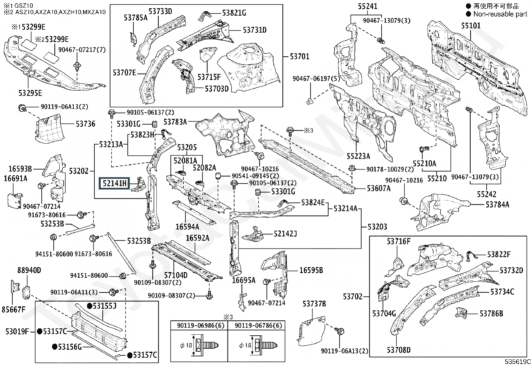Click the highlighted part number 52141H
click(x=114, y=183)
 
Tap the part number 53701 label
click(x=300, y=57)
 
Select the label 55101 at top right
click(x=471, y=26)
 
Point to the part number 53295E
click(x=30, y=93)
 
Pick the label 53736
click(x=85, y=124)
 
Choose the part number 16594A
click(x=187, y=227)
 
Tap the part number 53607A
click(x=379, y=188)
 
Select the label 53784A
click(x=497, y=204)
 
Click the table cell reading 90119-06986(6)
click(x=199, y=325)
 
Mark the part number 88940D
click(x=29, y=270)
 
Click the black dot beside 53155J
click(x=89, y=306)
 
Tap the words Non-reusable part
click(x=499, y=14)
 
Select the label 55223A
click(x=358, y=156)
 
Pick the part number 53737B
click(x=315, y=304)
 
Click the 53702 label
click(x=353, y=296)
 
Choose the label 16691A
click(x=15, y=179)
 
